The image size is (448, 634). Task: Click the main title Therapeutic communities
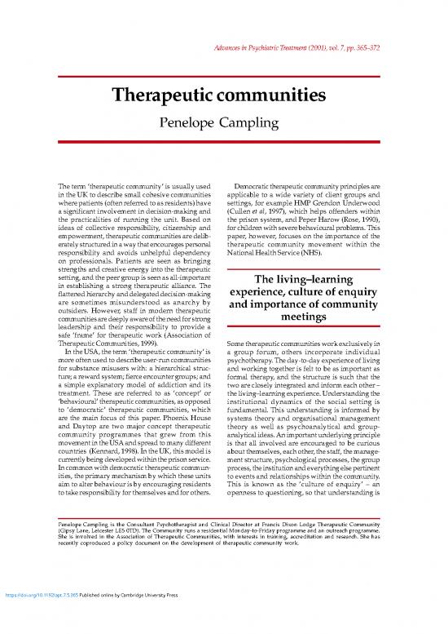pyautogui.click(x=224, y=97)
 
